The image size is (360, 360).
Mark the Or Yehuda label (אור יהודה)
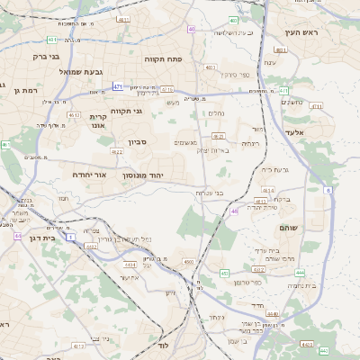pos(89,175)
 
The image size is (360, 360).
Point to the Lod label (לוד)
pos(163,345)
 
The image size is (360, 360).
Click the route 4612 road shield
pos(75,115)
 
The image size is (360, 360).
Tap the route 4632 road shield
pos(258,269)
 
